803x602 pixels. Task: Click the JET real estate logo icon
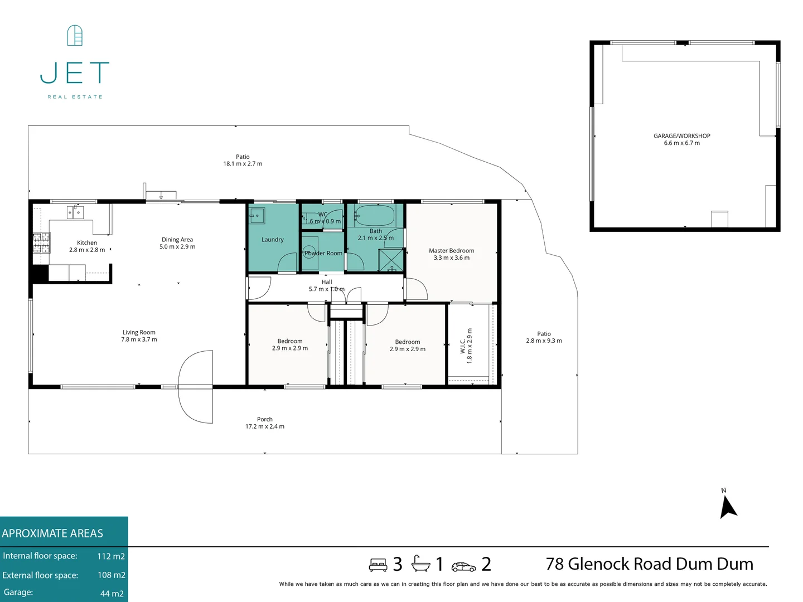pyautogui.click(x=75, y=35)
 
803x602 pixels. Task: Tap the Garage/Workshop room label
pyautogui.click(x=681, y=136)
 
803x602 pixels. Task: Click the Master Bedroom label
pyautogui.click(x=451, y=251)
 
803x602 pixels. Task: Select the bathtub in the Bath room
pyautogui.click(x=375, y=215)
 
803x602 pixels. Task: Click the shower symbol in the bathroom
pyautogui.click(x=390, y=260)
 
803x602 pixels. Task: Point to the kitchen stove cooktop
pyautogui.click(x=41, y=242)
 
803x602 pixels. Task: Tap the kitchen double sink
pyautogui.click(x=75, y=212)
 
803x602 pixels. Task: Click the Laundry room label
pyautogui.click(x=272, y=240)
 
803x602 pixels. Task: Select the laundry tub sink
pyautogui.click(x=257, y=215)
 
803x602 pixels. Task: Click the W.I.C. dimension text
pyautogui.click(x=470, y=346)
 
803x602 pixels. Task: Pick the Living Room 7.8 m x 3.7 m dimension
pyautogui.click(x=139, y=339)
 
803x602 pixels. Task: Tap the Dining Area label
pyautogui.click(x=177, y=240)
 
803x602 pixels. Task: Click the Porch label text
pyautogui.click(x=265, y=419)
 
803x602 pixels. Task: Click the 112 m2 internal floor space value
pyautogui.click(x=111, y=556)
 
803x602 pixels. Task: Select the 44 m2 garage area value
pyautogui.click(x=112, y=594)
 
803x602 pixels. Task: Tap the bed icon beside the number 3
pyautogui.click(x=378, y=565)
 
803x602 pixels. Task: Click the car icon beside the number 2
pyautogui.click(x=463, y=567)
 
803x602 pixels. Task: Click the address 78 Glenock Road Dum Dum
pyautogui.click(x=649, y=564)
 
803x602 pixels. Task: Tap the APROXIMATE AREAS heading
pyautogui.click(x=52, y=533)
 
